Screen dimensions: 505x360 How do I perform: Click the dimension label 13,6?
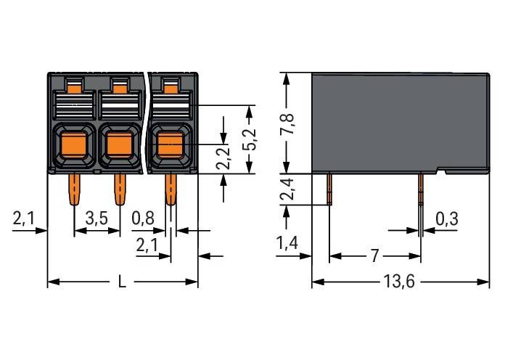pyautogui.click(x=399, y=282)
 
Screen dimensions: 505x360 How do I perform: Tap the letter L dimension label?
pyautogui.click(x=122, y=282)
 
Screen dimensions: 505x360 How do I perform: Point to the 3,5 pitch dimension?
pyautogui.click(x=97, y=218)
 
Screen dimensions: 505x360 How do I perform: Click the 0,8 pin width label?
pyautogui.click(x=143, y=218)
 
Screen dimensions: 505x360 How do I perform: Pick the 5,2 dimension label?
pyautogui.click(x=249, y=139)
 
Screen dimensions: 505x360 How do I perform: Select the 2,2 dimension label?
pyautogui.click(x=223, y=158)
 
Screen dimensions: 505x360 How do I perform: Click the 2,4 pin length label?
pyautogui.click(x=287, y=189)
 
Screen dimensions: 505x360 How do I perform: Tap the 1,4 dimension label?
pyautogui.click(x=287, y=242)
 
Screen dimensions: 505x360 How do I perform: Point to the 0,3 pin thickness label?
pyautogui.click(x=447, y=219)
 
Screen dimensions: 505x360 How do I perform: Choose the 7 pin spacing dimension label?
pyautogui.click(x=374, y=256)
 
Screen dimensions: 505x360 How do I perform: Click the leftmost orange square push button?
pyautogui.click(x=73, y=145)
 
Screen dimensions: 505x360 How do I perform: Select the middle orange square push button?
pyautogui.click(x=120, y=145)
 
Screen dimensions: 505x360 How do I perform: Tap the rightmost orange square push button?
pyautogui.click(x=170, y=145)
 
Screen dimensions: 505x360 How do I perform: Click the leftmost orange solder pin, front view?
pyautogui.click(x=74, y=189)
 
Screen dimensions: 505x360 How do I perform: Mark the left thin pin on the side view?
pyautogui.click(x=329, y=189)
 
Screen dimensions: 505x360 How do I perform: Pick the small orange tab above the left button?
pyautogui.click(x=74, y=88)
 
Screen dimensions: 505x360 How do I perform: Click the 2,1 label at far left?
pyautogui.click(x=23, y=218)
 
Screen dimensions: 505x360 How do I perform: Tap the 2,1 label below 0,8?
pyautogui.click(x=147, y=245)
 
